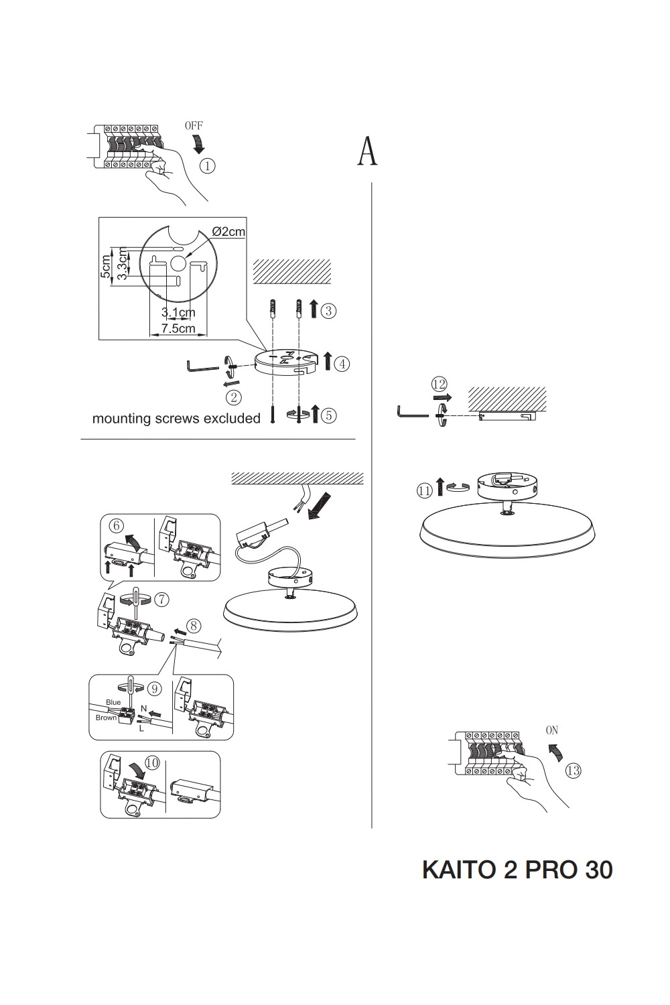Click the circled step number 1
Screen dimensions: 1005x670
[x=208, y=165]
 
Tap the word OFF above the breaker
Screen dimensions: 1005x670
[x=193, y=126]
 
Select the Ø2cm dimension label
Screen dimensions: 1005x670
[x=228, y=232]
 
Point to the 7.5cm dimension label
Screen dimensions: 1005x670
[x=178, y=328]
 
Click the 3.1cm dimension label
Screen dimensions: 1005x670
[x=178, y=312]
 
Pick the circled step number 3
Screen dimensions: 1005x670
[x=328, y=311]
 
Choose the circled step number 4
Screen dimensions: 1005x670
[x=342, y=364]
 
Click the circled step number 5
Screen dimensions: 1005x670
[x=328, y=415]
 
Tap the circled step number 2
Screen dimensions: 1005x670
[x=234, y=397]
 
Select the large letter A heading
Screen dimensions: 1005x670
[x=367, y=151]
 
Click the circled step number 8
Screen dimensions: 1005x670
[x=194, y=626]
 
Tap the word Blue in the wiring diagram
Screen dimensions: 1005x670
[x=113, y=702]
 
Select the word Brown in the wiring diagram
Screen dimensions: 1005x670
[x=106, y=718]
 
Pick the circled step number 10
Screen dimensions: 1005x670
[x=152, y=762]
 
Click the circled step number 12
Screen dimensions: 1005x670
[x=440, y=384]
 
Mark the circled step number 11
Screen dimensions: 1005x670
[x=424, y=491]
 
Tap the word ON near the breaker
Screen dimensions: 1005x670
[x=551, y=730]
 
